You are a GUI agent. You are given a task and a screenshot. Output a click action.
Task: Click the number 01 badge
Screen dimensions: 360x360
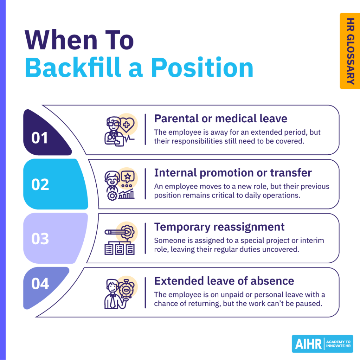point(39,138)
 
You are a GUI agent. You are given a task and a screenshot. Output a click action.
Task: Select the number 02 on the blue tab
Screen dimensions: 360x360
point(40,185)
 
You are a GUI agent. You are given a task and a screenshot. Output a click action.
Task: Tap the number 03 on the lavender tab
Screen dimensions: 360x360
point(40,239)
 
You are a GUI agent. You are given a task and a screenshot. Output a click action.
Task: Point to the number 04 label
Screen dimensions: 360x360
point(40,284)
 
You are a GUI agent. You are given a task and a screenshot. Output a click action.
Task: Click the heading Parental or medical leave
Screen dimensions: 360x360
point(220,118)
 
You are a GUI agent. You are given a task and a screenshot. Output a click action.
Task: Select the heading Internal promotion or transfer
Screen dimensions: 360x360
point(233,173)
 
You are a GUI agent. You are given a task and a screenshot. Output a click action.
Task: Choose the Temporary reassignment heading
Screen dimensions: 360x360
point(219,227)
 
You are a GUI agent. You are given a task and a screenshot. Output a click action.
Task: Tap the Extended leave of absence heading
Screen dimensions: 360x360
point(224,281)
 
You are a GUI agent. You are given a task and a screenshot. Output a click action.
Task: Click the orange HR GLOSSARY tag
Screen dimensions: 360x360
point(350,51)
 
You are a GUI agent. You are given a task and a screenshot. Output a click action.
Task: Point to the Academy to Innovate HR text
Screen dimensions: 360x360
point(339,344)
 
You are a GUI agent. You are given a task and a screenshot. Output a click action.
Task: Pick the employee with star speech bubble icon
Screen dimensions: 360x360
point(120,184)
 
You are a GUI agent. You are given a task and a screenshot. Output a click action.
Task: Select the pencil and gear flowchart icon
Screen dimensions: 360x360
point(120,238)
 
